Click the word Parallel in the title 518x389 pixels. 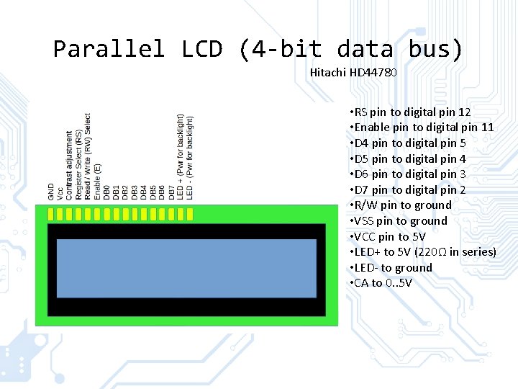[109, 49]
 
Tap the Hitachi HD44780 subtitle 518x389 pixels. [353, 73]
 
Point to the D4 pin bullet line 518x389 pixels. [407, 143]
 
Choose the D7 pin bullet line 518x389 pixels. [407, 190]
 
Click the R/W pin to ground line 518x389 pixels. [400, 205]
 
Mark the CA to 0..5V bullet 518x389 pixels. [381, 283]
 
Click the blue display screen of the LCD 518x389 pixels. [186, 268]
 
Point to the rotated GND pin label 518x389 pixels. [51, 192]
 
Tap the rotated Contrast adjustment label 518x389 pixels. [70, 165]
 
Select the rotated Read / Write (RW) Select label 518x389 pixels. [88, 156]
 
